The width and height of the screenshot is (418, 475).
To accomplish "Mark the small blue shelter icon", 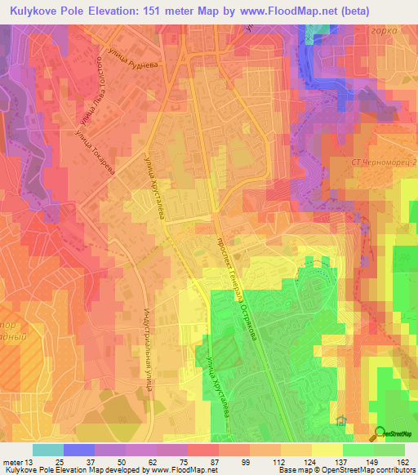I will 340,424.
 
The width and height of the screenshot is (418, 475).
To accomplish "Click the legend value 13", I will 29,463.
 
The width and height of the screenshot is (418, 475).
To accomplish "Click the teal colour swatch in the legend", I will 47,450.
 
